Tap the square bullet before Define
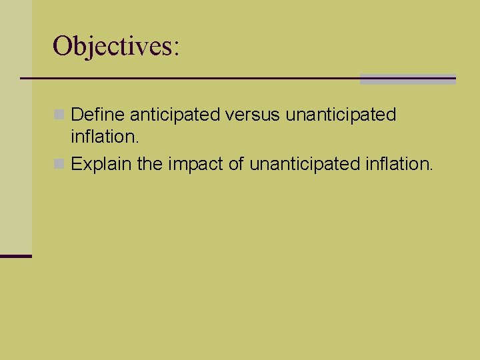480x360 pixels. tap(60, 115)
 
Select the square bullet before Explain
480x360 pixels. tap(60, 164)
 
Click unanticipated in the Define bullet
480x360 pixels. tap(341, 115)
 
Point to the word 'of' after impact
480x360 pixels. tap(237, 164)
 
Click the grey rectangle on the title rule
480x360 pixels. tap(407, 79)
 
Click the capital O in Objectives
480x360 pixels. tap(62, 47)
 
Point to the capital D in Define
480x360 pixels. tap(77, 115)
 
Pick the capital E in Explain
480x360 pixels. tap(76, 164)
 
